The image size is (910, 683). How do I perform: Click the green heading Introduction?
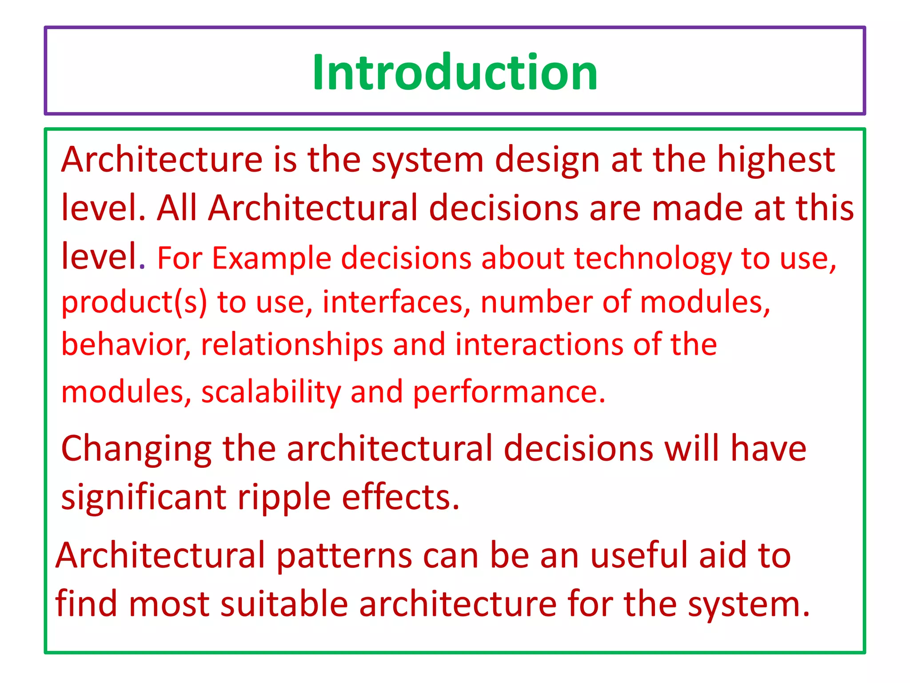pyautogui.click(x=455, y=72)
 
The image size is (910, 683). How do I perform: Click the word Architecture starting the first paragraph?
pyautogui.click(x=162, y=159)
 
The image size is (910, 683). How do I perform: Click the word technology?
pyautogui.click(x=652, y=259)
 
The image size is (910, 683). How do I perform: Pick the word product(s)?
pyautogui.click(x=134, y=302)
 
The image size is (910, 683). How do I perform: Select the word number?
pyautogui.click(x=536, y=301)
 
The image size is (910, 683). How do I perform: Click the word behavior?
pyautogui.click(x=126, y=344)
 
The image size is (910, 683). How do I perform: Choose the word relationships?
pyautogui.click(x=291, y=345)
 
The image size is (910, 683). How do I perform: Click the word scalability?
pyautogui.click(x=271, y=392)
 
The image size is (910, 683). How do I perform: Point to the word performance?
pyautogui.click(x=509, y=392)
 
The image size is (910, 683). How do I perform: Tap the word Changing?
pyautogui.click(x=136, y=449)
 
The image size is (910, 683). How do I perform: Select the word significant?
pyautogui.click(x=144, y=497)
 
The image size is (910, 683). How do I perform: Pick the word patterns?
pyautogui.click(x=344, y=556)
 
